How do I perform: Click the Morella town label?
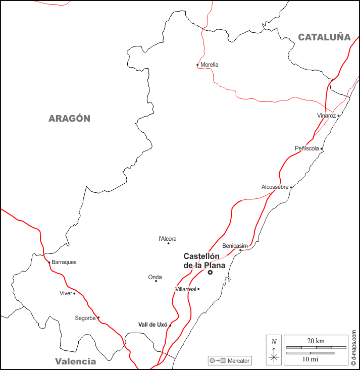pyautogui.click(x=210, y=65)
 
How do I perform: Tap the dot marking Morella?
pyautogui.click(x=197, y=65)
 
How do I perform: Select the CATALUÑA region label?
pyautogui.click(x=324, y=37)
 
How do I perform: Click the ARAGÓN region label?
pyautogui.click(x=69, y=119)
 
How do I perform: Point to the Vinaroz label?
pyautogui.click(x=326, y=116)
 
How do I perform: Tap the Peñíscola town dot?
pyautogui.click(x=322, y=149)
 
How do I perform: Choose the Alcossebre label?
pyautogui.click(x=275, y=187)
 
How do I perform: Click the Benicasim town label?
pyautogui.click(x=235, y=245)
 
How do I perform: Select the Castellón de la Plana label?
pyautogui.click(x=204, y=260)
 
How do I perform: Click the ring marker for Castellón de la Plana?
pyautogui.click(x=210, y=273)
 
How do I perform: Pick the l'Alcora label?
pyautogui.click(x=168, y=239)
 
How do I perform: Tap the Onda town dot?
pyautogui.click(x=156, y=281)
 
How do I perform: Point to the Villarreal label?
pyautogui.click(x=185, y=289)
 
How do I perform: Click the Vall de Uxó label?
pyautogui.click(x=152, y=325)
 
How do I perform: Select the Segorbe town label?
pyautogui.click(x=85, y=318)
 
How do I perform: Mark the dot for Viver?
pyautogui.click(x=74, y=293)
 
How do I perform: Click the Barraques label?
pyautogui.click(x=64, y=262)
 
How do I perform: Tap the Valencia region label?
pyautogui.click(x=75, y=361)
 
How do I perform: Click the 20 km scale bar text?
pyautogui.click(x=309, y=341)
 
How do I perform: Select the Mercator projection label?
pyautogui.click(x=238, y=361)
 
